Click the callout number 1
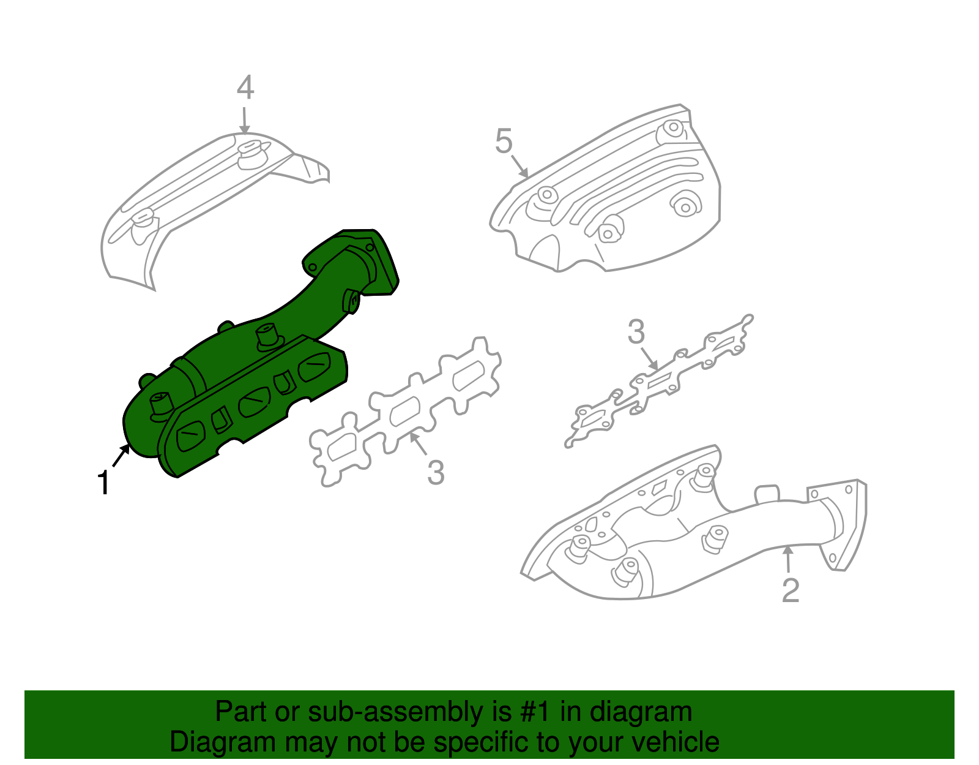pos(104,483)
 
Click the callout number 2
pos(791,590)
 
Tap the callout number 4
pos(245,88)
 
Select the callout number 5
pos(504,141)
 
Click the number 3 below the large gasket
pos(435,472)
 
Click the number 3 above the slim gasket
pos(636,332)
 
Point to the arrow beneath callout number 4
pos(244,120)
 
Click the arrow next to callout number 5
pos(519,166)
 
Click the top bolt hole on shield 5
pos(673,129)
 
